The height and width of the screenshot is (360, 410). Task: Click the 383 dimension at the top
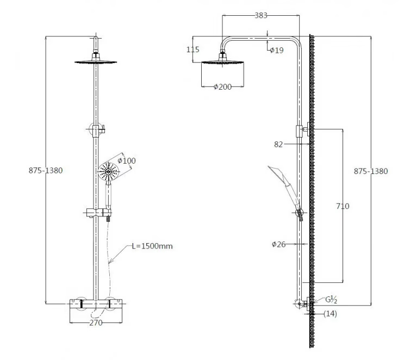[261, 15]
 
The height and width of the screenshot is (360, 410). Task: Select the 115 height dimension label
[193, 49]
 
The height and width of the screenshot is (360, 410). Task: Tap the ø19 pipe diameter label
[277, 51]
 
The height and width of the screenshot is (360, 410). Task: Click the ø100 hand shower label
[127, 160]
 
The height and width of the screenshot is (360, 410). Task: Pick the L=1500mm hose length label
[152, 246]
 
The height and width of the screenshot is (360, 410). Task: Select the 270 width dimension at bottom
[97, 322]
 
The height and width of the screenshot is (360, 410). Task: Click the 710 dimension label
[343, 206]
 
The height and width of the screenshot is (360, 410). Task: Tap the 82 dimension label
[278, 144]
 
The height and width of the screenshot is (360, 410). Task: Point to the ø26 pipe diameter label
[278, 244]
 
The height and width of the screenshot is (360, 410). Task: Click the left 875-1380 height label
[46, 170]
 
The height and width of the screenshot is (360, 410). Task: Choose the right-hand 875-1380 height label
[371, 171]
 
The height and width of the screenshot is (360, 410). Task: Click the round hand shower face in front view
[109, 172]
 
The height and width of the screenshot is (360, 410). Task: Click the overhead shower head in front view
[96, 61]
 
